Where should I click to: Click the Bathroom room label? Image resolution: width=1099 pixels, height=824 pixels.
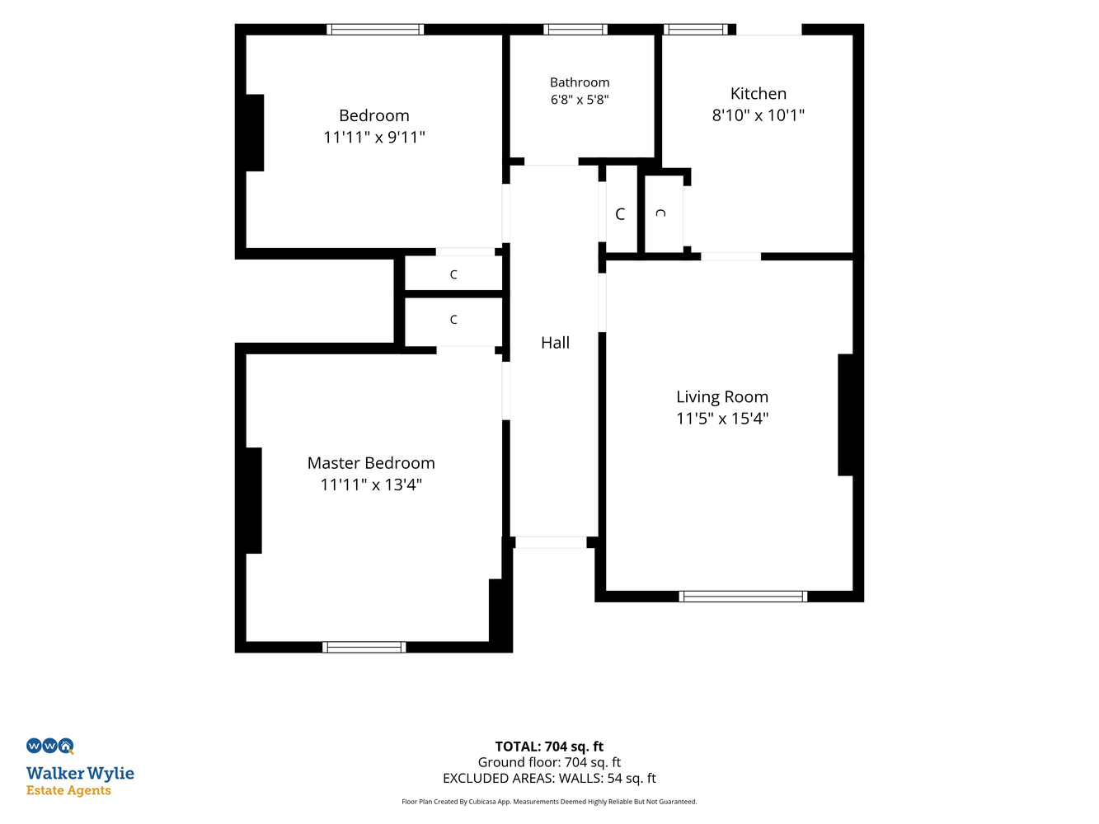tap(580, 82)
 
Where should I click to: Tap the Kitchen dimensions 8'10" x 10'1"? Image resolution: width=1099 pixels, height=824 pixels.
tap(758, 115)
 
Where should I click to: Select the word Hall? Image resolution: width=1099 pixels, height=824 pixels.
tap(555, 343)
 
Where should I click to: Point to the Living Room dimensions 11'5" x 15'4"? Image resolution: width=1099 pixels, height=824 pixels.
tap(722, 419)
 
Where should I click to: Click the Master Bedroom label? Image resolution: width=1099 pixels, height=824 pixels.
tap(371, 463)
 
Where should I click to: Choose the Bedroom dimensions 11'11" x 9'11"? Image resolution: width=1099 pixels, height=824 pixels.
tap(374, 137)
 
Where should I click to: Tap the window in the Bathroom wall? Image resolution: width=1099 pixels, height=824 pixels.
tap(575, 29)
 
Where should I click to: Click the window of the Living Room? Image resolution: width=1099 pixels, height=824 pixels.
tap(743, 596)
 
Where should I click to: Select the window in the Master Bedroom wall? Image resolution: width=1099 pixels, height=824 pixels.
tap(364, 647)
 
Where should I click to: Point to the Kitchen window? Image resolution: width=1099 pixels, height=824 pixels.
tap(696, 29)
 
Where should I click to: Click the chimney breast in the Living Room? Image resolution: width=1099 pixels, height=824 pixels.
tap(846, 414)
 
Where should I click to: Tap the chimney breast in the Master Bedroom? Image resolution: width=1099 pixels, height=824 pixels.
tap(253, 500)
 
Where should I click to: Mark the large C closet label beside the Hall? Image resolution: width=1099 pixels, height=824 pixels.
tap(620, 214)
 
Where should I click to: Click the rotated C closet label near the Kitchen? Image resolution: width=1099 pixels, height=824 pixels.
tap(660, 213)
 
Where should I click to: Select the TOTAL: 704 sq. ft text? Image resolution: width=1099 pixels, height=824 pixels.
tap(549, 747)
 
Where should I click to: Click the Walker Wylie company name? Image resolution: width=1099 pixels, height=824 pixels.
tap(80, 773)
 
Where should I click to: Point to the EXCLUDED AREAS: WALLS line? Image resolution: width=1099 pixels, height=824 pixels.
tap(549, 778)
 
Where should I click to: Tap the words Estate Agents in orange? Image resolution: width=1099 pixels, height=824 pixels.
tap(68, 790)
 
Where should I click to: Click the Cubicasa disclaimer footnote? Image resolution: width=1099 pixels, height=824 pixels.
tap(549, 802)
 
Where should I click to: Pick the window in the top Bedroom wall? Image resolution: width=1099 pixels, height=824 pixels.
tap(375, 29)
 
